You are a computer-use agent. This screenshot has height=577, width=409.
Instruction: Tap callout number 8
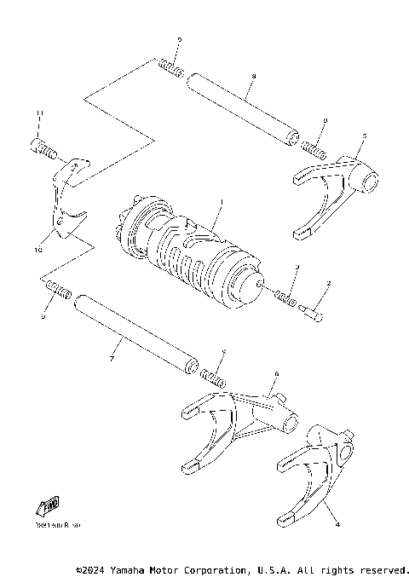[x=253, y=76]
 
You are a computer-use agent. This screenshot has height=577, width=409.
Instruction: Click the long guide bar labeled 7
[x=136, y=333]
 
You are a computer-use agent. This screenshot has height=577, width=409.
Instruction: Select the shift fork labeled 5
[x=333, y=193]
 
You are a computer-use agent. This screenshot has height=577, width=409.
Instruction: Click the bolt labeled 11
[x=45, y=148]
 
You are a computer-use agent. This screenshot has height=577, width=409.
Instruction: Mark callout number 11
[x=37, y=113]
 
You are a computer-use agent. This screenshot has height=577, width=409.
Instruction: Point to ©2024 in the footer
[x=91, y=568]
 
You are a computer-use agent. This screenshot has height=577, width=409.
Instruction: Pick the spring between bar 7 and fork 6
[x=211, y=375]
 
